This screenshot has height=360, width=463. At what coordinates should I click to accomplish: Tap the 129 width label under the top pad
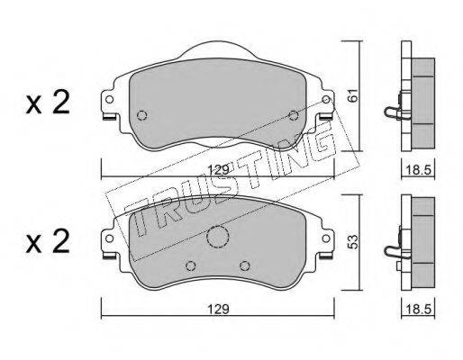[x=219, y=170]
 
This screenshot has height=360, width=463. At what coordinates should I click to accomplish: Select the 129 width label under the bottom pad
[x=219, y=309]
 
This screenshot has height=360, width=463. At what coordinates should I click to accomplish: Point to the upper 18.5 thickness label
[x=418, y=170]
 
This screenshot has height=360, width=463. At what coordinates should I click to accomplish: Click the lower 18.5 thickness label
[x=418, y=309]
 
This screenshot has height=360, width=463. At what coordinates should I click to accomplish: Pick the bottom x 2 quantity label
[x=48, y=241]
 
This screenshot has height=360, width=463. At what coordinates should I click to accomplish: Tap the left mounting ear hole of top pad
[x=110, y=99]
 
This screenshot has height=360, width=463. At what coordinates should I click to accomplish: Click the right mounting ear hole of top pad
[x=326, y=99]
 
